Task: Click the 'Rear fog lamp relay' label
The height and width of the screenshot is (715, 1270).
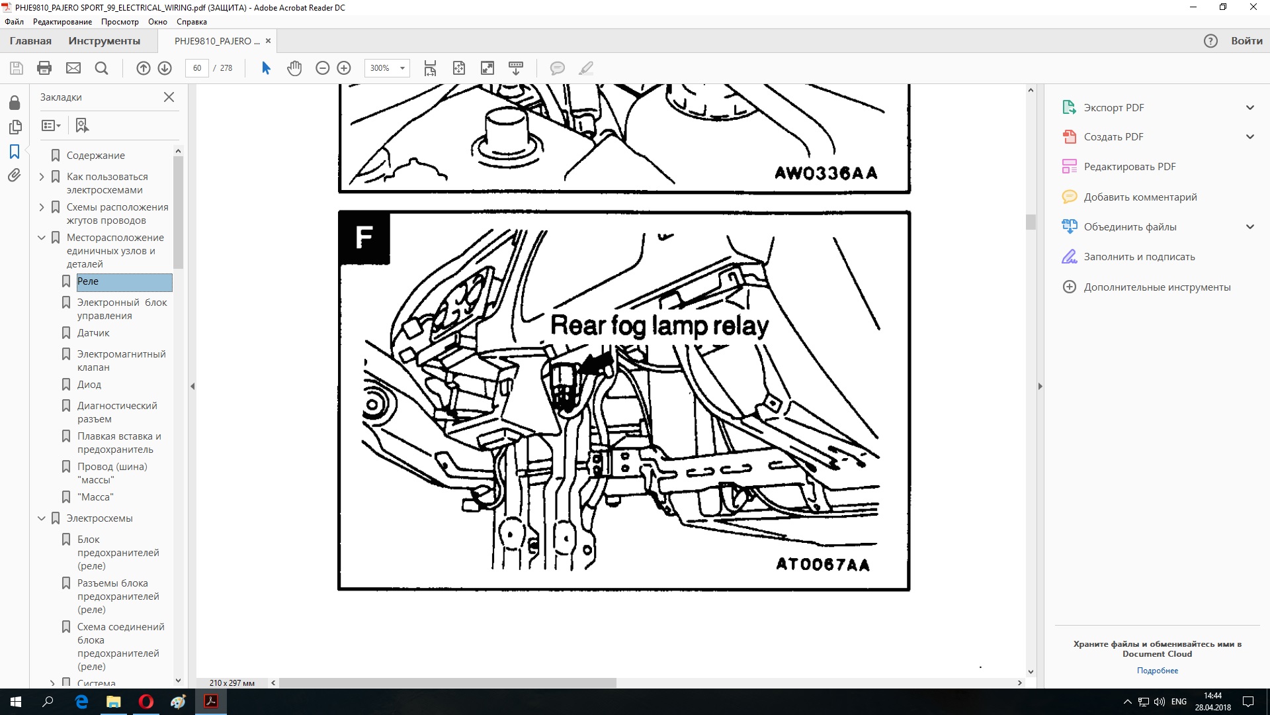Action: tap(659, 326)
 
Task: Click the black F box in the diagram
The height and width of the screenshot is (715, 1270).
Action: tap(364, 238)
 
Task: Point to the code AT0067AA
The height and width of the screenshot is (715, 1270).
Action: tap(823, 564)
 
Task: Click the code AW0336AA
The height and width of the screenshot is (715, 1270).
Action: tap(826, 173)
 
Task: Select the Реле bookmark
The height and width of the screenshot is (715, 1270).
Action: tap(88, 281)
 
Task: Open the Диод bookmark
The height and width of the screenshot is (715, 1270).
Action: tap(89, 385)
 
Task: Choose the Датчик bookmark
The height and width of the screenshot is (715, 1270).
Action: tap(93, 333)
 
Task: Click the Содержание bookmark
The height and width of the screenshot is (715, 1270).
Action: tap(96, 156)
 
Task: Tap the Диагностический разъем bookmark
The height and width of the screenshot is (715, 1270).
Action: tap(117, 412)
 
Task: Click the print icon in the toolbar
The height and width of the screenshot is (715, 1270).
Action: tap(44, 68)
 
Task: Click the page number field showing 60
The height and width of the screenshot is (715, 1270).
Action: tap(197, 68)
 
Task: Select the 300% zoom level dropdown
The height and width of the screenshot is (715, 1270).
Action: tap(387, 68)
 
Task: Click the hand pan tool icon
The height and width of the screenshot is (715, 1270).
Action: tap(294, 68)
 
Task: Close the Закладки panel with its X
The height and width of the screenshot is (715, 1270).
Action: tap(169, 97)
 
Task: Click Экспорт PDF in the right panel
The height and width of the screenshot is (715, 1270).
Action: tap(1114, 108)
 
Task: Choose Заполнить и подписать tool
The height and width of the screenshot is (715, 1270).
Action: tap(1139, 257)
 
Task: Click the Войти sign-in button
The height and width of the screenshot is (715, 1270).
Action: tap(1247, 41)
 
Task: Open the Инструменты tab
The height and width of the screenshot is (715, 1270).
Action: tap(105, 41)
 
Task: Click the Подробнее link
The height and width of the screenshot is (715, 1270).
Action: tap(1158, 671)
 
